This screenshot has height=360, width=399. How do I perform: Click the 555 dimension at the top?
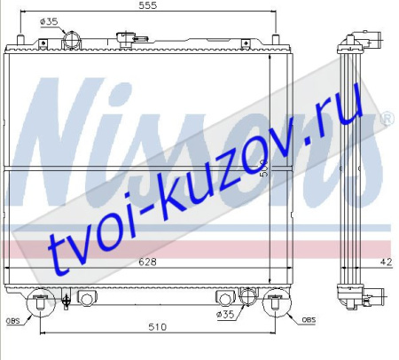[147, 5]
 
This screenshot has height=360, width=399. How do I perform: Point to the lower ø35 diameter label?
[226, 313]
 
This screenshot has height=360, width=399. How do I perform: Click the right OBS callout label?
[307, 319]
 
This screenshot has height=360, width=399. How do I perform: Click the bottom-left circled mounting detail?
[40, 305]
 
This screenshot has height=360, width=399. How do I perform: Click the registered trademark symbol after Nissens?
[387, 118]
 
